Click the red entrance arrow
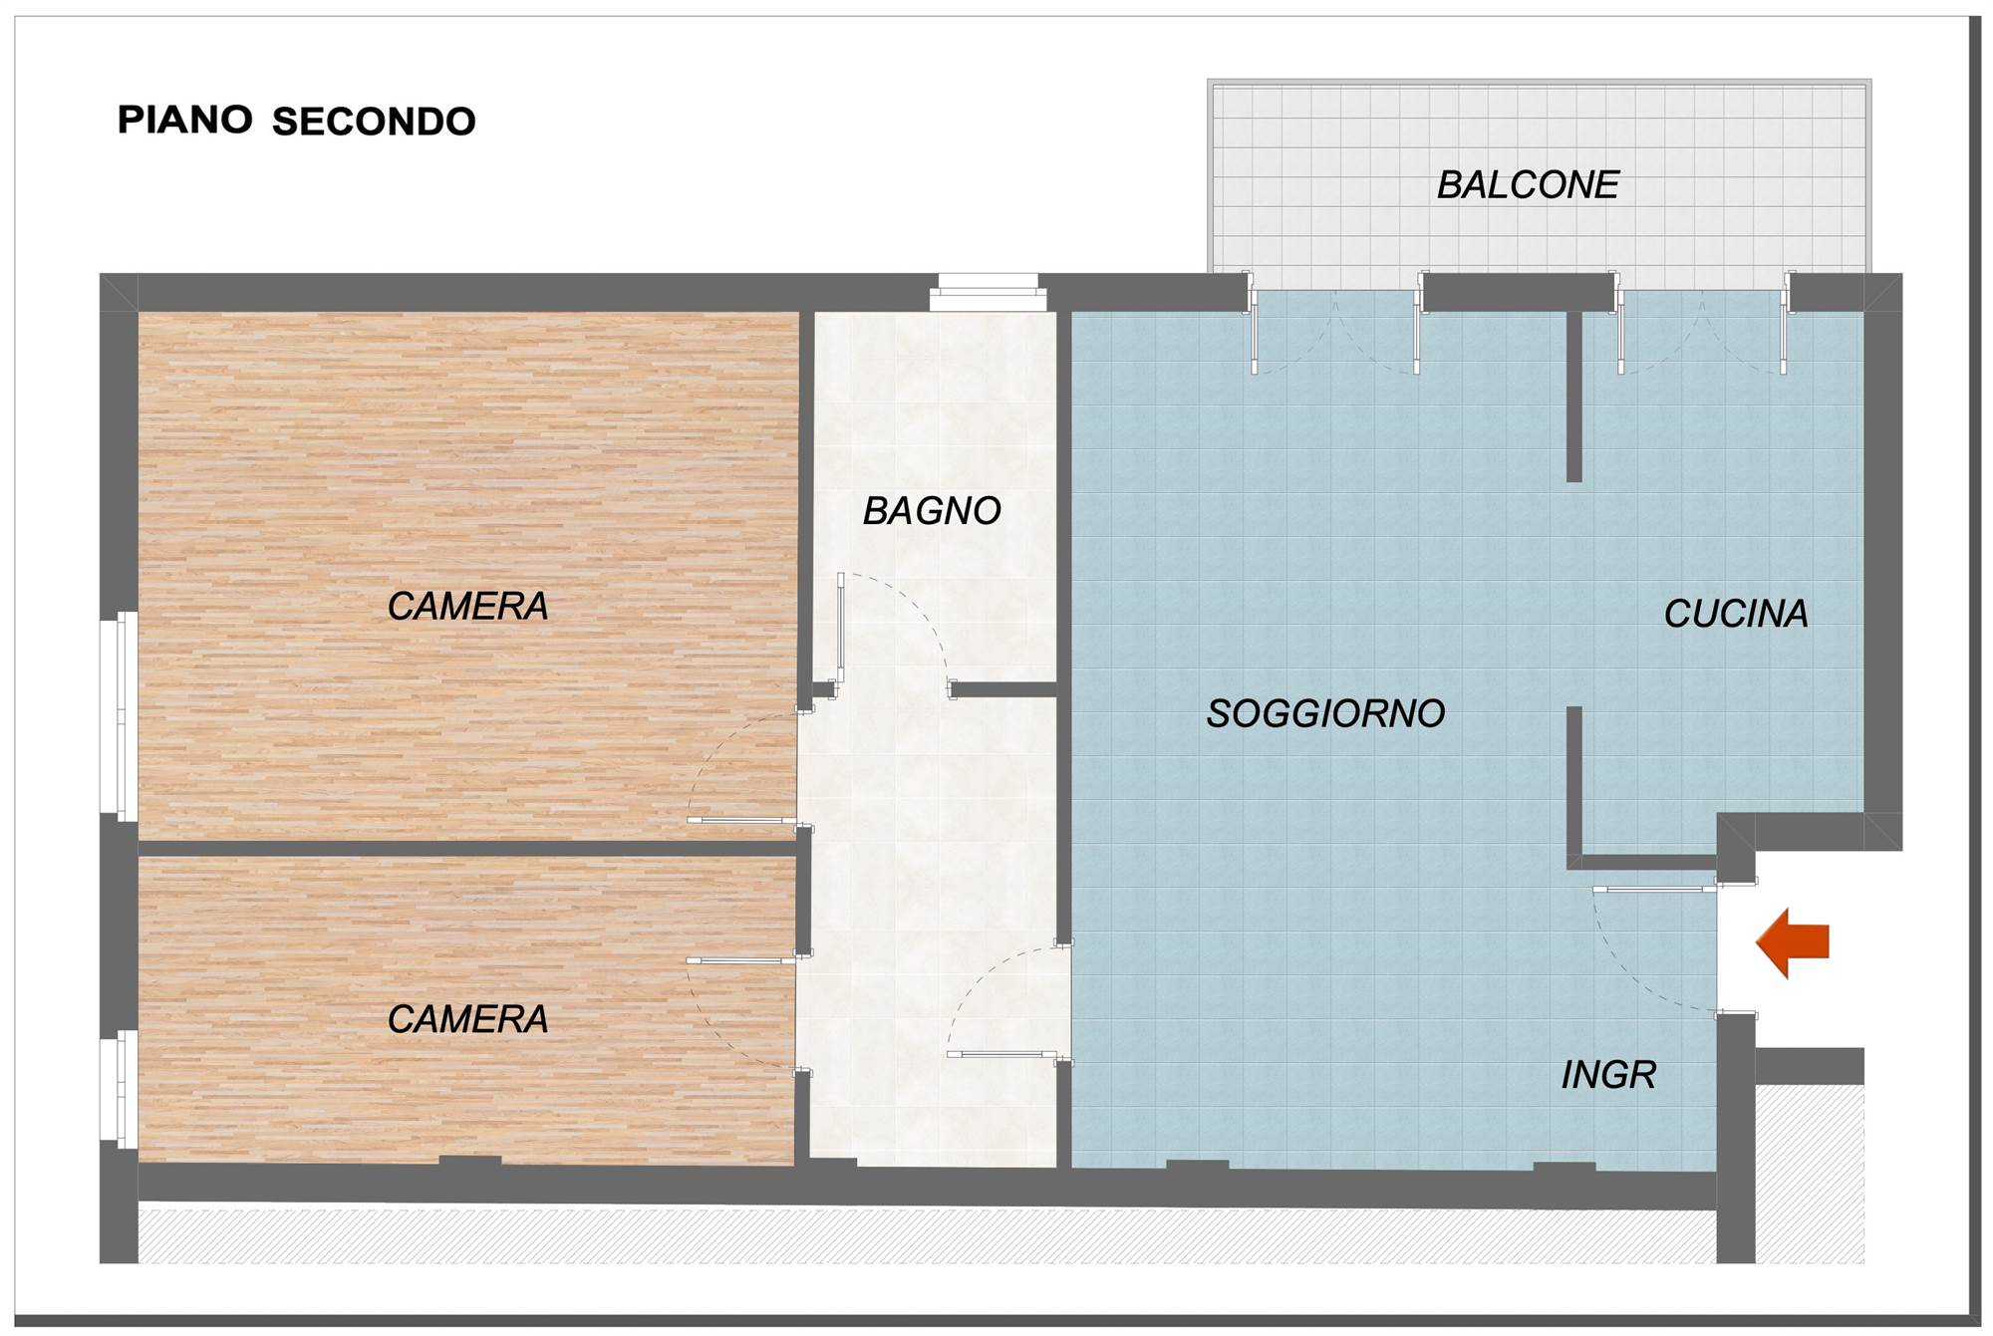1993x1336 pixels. pos(1792,942)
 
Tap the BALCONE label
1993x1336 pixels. pos(1528,184)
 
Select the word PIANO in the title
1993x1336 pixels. pos(185,120)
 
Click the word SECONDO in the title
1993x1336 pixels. pos(374,122)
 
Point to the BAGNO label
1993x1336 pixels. pos(932,511)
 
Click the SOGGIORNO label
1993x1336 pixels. pos(1325,713)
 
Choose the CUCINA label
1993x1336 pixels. pos(1736,614)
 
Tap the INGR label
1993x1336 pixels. pos(1608,1075)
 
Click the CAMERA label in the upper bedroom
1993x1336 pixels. pos(467,606)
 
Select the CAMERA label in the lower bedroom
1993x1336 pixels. pos(467,1019)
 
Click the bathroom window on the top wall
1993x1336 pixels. pos(988,293)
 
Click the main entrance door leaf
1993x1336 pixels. pos(1654,888)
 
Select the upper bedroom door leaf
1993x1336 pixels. pos(742,821)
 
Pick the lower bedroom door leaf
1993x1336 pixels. pos(741,960)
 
